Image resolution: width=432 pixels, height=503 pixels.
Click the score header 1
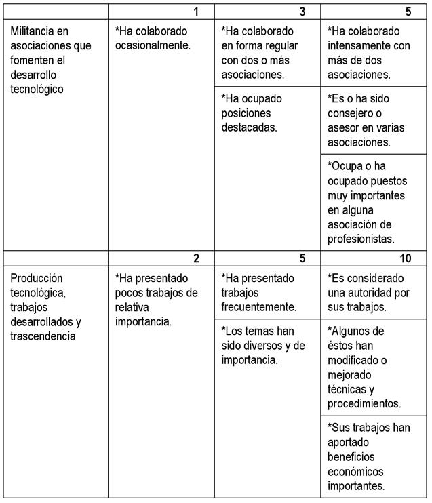point(196,12)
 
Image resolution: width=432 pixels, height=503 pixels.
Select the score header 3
point(302,12)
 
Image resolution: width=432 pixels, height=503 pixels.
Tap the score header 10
point(404,258)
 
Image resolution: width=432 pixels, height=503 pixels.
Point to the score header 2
point(196,258)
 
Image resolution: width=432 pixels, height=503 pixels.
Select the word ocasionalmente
point(153,45)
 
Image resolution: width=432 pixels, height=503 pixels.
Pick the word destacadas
point(249,127)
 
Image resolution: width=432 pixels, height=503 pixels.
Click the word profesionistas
point(361,239)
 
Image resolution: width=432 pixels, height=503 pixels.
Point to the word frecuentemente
point(259,306)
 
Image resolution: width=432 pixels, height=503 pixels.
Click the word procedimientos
point(364,403)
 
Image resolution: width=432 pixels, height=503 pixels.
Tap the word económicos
point(355,471)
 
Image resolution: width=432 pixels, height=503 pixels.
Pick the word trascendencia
point(43,336)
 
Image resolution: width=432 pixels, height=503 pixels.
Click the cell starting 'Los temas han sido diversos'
point(267,345)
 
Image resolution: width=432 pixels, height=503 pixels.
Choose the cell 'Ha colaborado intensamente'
point(374,52)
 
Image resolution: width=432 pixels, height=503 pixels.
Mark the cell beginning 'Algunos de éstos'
point(374,367)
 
